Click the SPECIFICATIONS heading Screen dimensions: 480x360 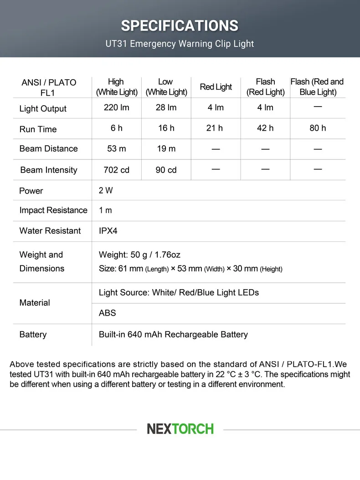pos(180,26)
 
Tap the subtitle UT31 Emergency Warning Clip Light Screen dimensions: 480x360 pos(180,44)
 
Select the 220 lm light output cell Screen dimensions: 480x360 pos(117,108)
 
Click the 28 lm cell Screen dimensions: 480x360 pos(166,108)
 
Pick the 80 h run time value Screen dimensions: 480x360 pos(318,128)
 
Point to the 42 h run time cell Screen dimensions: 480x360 pos(265,128)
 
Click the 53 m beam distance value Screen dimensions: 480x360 pos(117,148)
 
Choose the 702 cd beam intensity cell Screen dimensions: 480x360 pos(117,170)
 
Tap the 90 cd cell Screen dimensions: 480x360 pos(166,170)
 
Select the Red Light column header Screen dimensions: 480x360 pos(216,87)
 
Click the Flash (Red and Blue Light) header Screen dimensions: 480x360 pos(317,87)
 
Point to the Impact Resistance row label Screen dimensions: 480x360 pos(53,210)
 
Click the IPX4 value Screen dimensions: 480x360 pos(108,231)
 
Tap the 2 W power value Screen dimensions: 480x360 pos(106,191)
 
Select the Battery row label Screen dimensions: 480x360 pos(33,335)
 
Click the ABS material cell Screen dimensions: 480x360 pos(108,313)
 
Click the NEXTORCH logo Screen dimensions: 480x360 pos(180,429)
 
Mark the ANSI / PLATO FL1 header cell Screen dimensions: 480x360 pos(49,87)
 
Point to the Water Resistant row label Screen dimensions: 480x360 pos(50,231)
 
